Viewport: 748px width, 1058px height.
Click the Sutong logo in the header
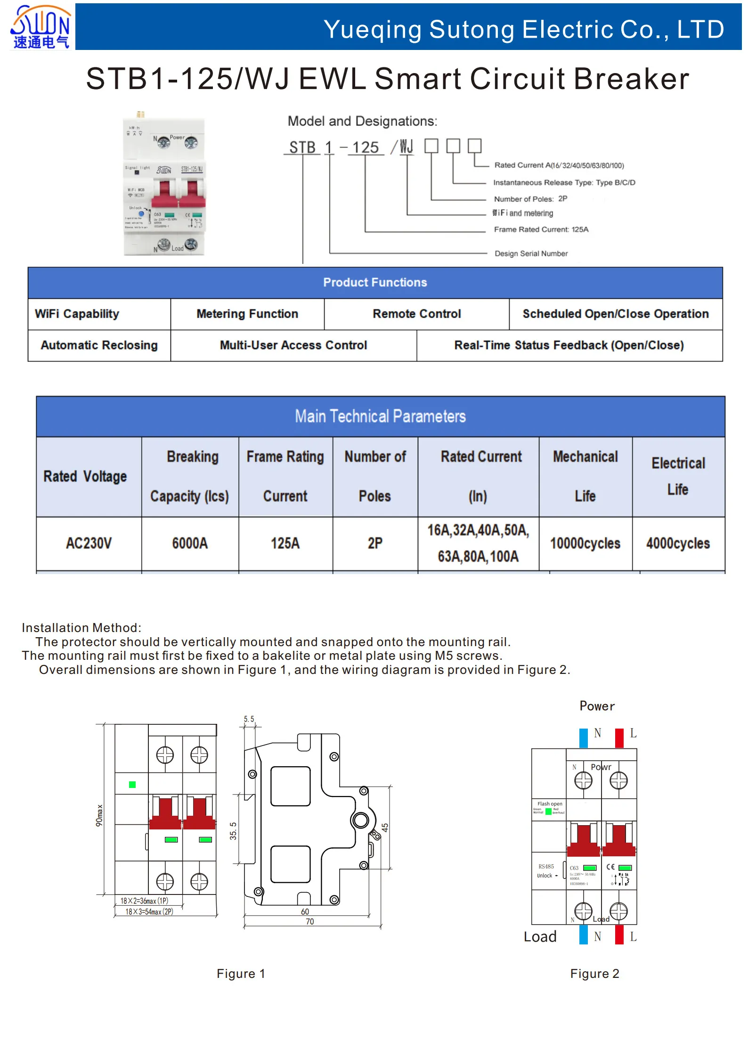(41, 27)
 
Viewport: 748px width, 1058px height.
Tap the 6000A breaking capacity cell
(190, 543)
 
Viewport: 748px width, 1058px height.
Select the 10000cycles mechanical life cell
(585, 543)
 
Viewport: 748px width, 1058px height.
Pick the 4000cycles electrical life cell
(678, 543)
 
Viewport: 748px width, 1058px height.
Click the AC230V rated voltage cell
(89, 543)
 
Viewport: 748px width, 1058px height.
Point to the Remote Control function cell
(416, 314)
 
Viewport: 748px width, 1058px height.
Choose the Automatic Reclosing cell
(99, 345)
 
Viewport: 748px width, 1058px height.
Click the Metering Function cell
(247, 314)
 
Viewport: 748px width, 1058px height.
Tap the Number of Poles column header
(375, 476)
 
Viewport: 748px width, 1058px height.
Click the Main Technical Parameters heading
(380, 417)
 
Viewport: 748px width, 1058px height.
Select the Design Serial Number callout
(531, 254)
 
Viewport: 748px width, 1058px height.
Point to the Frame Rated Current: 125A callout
(541, 230)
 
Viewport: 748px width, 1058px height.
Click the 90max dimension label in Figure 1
(99, 815)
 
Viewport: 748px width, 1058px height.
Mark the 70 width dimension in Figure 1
(309, 921)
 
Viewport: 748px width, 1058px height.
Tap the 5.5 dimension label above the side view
(249, 719)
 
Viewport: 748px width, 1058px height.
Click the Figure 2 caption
(594, 974)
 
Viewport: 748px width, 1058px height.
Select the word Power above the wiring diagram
(597, 706)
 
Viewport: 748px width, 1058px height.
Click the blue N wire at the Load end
(584, 935)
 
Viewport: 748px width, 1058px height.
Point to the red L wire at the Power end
(619, 738)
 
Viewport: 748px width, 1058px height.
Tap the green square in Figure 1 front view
(132, 785)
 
